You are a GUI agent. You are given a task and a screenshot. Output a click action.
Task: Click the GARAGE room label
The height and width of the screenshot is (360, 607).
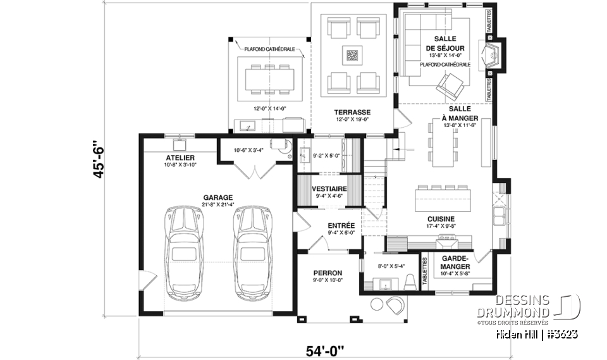[x=218, y=197]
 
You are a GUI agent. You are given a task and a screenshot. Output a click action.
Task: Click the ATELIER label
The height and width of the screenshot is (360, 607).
[x=180, y=157]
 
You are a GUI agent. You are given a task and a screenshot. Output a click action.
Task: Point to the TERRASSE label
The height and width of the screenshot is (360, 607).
[x=353, y=112]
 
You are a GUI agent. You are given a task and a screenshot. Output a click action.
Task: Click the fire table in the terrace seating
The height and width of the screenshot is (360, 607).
[x=352, y=55]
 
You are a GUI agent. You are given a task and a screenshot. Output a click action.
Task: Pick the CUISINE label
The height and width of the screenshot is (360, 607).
[x=440, y=219]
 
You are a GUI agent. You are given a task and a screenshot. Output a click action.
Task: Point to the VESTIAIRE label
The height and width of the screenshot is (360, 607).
[x=328, y=189]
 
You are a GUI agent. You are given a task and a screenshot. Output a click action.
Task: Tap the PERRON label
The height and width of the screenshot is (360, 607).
[x=328, y=273]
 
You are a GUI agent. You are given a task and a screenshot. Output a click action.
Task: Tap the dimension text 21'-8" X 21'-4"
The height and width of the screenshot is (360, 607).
[x=218, y=204]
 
